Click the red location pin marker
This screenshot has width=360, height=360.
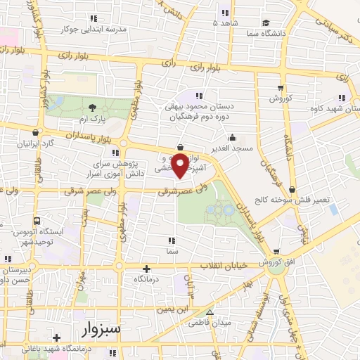click(x=181, y=165)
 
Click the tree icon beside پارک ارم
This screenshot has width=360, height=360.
click(x=93, y=108)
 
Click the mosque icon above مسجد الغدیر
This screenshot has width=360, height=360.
click(x=232, y=138)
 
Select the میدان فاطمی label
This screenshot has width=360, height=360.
click(x=203, y=324)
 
